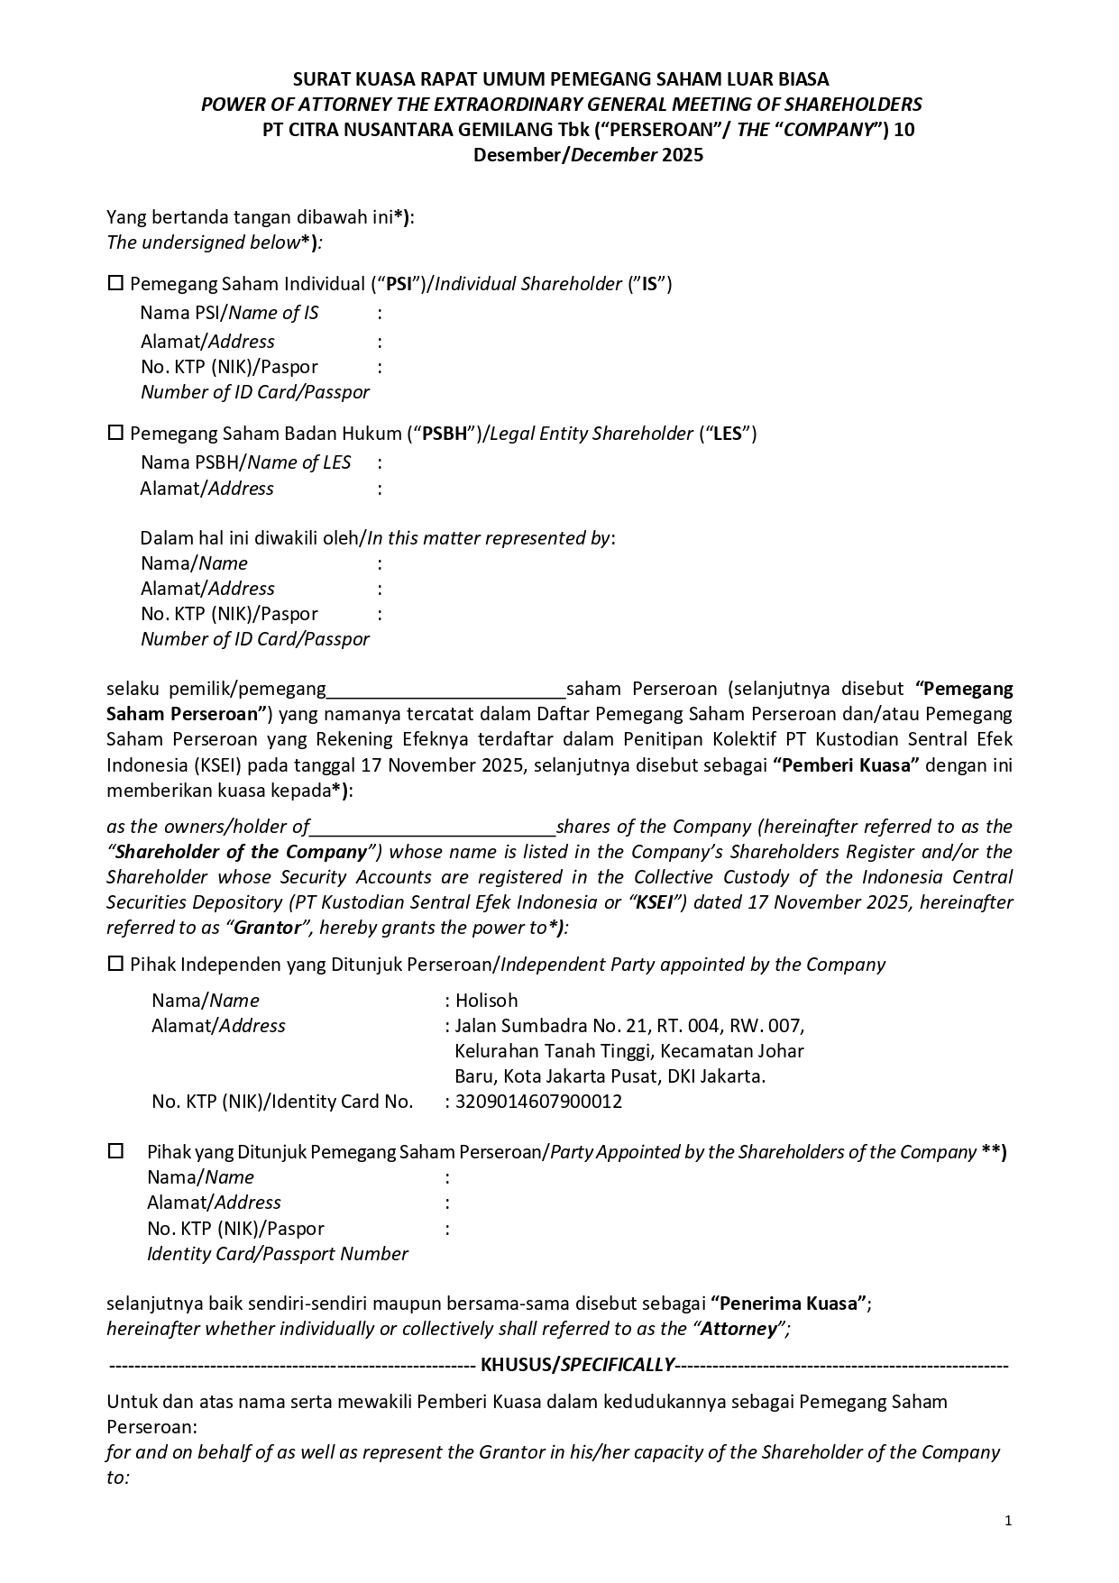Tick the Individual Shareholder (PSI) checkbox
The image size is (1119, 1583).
coord(115,283)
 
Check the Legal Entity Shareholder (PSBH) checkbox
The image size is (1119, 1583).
coord(115,433)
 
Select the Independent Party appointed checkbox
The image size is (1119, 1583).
coord(115,964)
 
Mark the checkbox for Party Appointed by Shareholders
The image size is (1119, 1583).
coord(115,1151)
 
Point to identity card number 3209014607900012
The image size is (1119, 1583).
coord(538,1101)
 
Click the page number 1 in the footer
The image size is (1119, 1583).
coord(1008,1521)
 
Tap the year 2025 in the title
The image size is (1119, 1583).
coord(682,154)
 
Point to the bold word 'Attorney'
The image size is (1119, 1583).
coord(738,1328)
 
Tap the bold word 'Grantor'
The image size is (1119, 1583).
coord(267,928)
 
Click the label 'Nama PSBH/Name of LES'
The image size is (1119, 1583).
coord(245,462)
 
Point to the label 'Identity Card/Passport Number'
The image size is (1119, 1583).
coord(277,1253)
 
